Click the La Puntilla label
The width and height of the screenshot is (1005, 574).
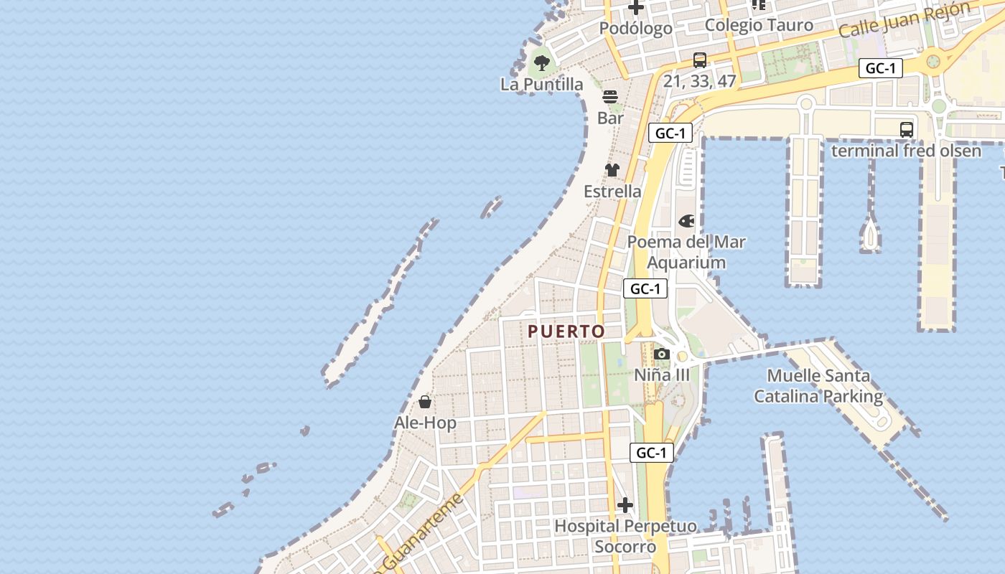pos(542,85)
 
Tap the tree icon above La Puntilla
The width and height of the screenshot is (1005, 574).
pos(542,63)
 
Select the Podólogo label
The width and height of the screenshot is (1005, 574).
pos(636,29)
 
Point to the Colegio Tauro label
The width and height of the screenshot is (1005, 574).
pos(759,25)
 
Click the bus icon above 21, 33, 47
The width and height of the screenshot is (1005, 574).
pos(700,60)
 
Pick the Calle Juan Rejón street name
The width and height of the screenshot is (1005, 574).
pos(904,20)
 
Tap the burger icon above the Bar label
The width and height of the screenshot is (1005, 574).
pos(610,97)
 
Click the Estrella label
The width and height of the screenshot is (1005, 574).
pos(612,192)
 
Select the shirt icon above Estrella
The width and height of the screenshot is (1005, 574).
pos(612,170)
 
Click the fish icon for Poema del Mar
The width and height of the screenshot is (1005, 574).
pos(687,221)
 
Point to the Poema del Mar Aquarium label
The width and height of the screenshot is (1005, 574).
pos(687,253)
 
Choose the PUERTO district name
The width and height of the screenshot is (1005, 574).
pos(566,331)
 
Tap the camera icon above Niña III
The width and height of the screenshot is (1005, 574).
pos(662,354)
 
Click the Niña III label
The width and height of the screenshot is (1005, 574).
pos(662,375)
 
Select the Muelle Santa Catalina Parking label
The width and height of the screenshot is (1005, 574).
pos(818,386)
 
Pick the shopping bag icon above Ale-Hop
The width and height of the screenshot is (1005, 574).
pos(425,402)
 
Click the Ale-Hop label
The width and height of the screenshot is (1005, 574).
pos(425,423)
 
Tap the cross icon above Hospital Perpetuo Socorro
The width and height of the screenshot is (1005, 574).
pos(625,505)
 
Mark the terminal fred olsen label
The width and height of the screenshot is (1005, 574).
pos(906,151)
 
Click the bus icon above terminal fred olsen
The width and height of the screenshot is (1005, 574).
pos(907,130)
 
